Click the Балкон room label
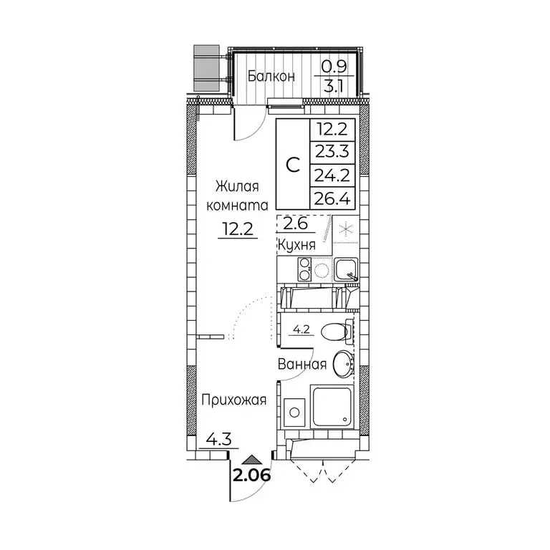point(271,76)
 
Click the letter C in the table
point(293,164)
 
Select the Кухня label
point(299,246)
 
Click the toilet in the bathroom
point(336,332)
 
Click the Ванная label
point(303,365)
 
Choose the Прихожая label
point(233,400)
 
